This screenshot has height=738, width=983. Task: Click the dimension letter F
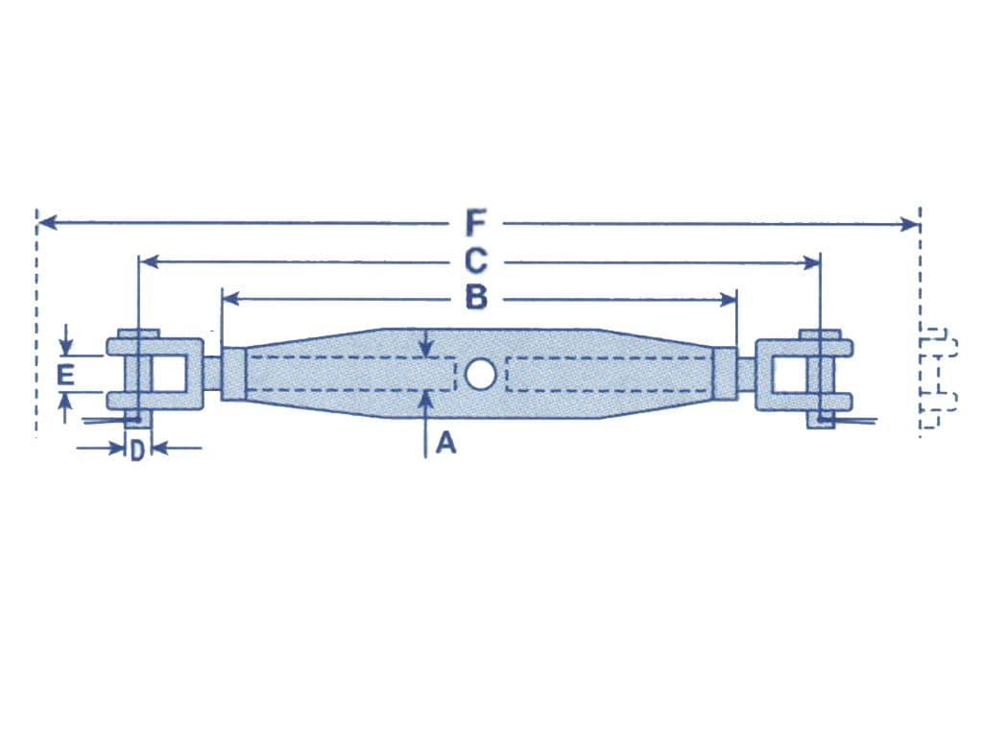(475, 224)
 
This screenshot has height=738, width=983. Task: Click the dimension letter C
(476, 261)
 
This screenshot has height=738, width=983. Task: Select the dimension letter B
(476, 299)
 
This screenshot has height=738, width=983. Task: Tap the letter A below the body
(444, 443)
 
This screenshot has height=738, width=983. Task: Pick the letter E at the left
(64, 375)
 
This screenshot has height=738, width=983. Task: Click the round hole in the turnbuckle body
(480, 374)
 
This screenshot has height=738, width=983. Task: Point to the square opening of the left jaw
(168, 374)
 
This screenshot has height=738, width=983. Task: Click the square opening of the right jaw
(790, 374)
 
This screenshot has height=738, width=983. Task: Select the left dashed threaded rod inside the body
(350, 374)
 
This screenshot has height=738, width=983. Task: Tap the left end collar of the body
(233, 374)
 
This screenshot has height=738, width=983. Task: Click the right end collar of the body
(726, 374)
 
